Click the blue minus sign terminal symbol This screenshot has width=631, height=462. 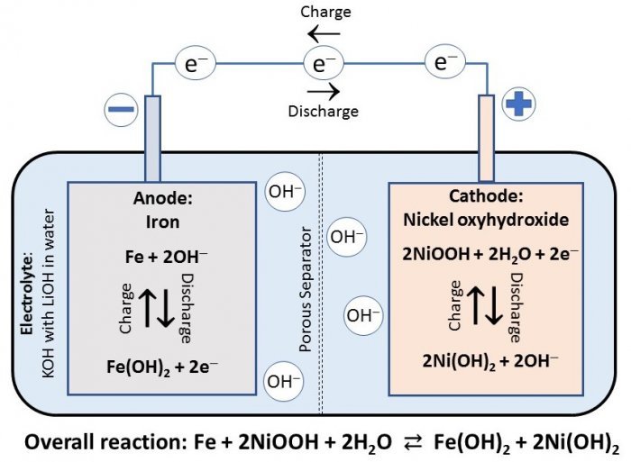(x=123, y=112)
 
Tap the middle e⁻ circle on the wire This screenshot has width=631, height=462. (x=323, y=63)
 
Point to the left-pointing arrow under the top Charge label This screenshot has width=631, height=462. (x=323, y=34)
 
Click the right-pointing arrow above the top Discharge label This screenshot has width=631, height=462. (x=323, y=91)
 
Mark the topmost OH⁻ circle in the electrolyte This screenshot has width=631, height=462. (x=283, y=191)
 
